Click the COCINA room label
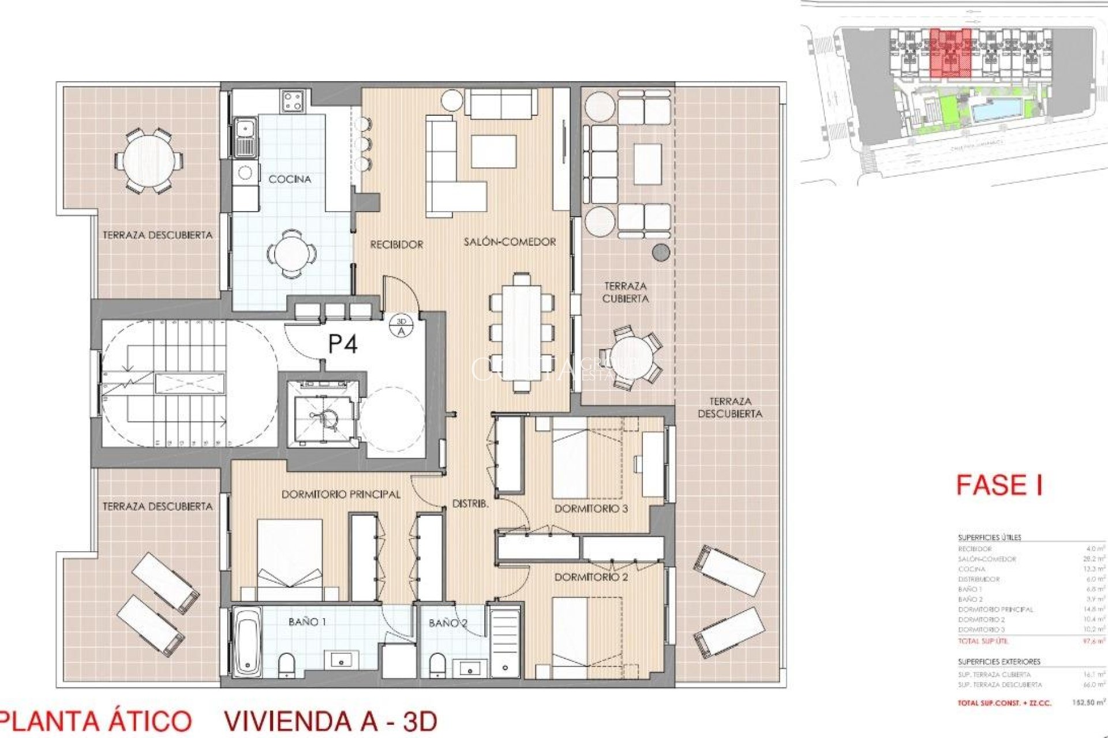tap(290, 179)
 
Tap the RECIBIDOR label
tap(396, 244)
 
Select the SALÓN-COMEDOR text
tap(510, 242)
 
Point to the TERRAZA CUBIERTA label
tap(626, 292)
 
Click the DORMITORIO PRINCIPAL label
tap(340, 495)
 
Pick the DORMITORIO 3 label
tap(591, 509)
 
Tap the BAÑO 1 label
tap(307, 622)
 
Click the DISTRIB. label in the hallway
tap(470, 503)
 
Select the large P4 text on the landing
tap(343, 344)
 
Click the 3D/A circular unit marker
tap(402, 326)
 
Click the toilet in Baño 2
tap(437, 664)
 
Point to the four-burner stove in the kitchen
tap(293, 101)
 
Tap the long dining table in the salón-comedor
tap(522, 333)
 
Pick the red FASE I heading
tap(999, 485)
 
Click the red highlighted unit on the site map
tap(950, 54)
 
